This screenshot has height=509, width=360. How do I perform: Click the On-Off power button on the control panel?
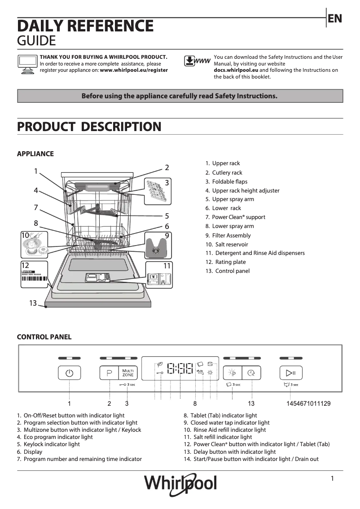pos(69,373)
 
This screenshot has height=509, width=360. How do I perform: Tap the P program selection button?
pos(109,373)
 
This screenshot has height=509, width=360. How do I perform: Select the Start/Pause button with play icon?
pos(290,373)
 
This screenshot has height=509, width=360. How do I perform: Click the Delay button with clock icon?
pos(251,373)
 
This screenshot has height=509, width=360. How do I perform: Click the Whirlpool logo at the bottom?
pos(180,483)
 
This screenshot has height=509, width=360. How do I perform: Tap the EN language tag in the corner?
pos(335,18)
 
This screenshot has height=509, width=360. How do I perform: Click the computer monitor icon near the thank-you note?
pos(27,64)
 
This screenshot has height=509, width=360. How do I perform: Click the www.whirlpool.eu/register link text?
pos(134,70)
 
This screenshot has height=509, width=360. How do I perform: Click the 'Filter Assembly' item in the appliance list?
pos(231,235)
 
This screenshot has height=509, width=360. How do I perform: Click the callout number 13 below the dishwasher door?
pos(33,303)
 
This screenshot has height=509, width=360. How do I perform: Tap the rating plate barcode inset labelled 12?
pos(35,275)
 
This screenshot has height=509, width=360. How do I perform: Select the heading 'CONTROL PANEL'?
pos(44,337)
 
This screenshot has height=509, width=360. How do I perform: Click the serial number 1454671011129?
pos(308,404)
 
